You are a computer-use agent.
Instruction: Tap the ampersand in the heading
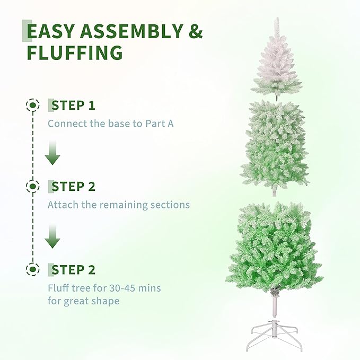pyautogui.click(x=196, y=32)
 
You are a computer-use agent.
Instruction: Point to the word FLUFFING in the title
pyautogui.click(x=75, y=53)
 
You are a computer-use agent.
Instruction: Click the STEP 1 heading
pyautogui.click(x=73, y=105)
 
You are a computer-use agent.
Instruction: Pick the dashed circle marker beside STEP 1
pyautogui.click(x=33, y=105)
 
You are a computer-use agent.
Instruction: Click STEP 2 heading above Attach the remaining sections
pyautogui.click(x=73, y=187)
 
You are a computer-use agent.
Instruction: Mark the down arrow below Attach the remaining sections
pyautogui.click(x=52, y=236)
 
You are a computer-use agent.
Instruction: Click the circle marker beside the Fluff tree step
pyautogui.click(x=33, y=270)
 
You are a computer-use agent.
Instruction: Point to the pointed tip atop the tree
pyautogui.click(x=276, y=24)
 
